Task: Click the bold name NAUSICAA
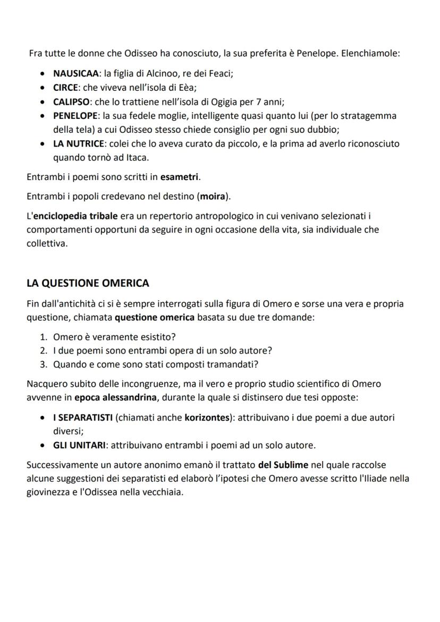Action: (77, 74)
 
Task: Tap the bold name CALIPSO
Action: (71, 101)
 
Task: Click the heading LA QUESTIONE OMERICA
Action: (88, 283)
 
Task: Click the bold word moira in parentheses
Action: (212, 197)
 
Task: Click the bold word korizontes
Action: (207, 417)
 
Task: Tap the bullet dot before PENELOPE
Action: (43, 116)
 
